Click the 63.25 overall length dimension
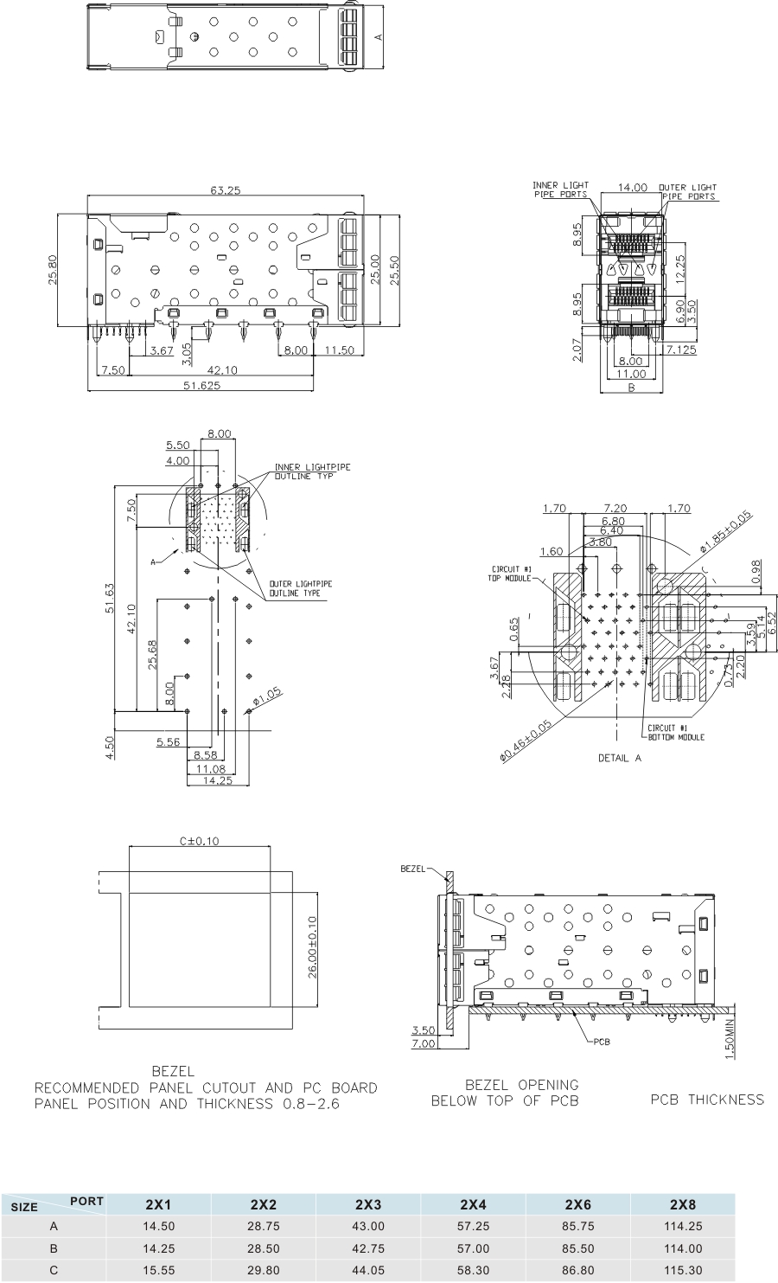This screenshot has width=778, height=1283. (224, 191)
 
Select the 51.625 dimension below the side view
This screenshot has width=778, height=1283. (201, 386)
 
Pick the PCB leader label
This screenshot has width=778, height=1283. (601, 1041)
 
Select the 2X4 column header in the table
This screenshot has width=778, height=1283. (473, 1204)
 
